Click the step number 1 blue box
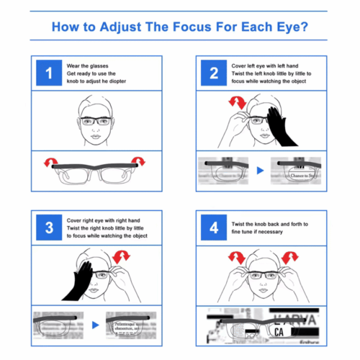(x=49, y=73)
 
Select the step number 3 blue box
(x=49, y=228)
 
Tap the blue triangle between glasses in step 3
(x=96, y=327)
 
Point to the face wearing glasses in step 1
(x=96, y=119)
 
